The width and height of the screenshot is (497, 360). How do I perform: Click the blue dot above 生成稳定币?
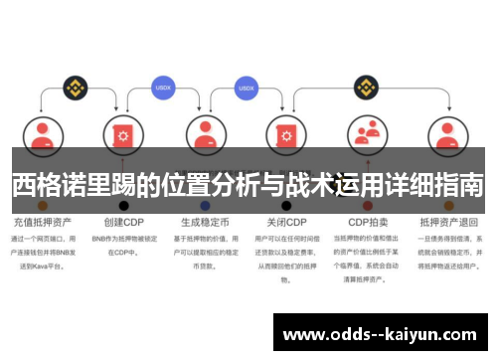click(x=205, y=205)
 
